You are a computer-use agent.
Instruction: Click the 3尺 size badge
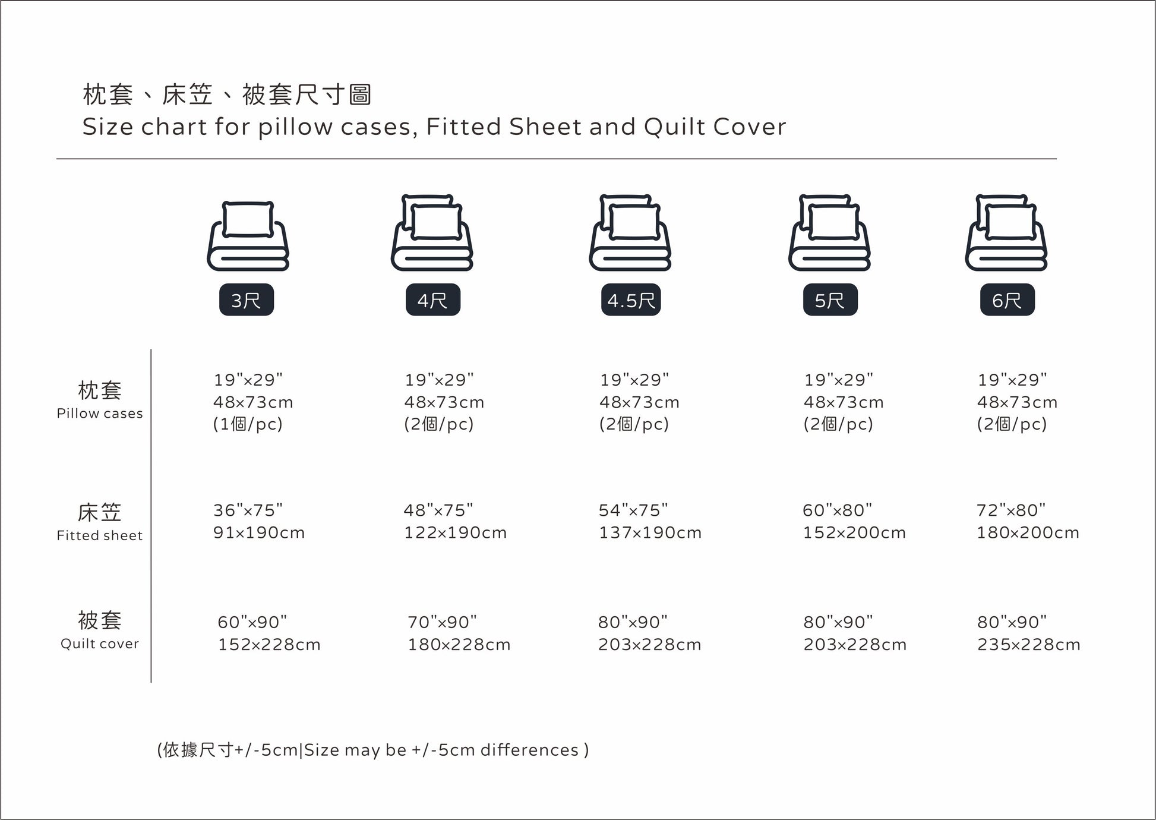pyautogui.click(x=247, y=300)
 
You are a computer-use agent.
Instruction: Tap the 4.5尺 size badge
pyautogui.click(x=631, y=300)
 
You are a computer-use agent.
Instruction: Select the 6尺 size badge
pyautogui.click(x=1007, y=300)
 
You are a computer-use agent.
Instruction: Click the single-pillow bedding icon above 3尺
pyautogui.click(x=248, y=236)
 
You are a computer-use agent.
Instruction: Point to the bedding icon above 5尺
pyautogui.click(x=829, y=232)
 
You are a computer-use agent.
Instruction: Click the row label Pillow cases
pyautogui.click(x=100, y=414)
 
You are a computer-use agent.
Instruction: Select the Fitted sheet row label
pyautogui.click(x=100, y=535)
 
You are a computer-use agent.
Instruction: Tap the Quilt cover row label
pyautogui.click(x=100, y=644)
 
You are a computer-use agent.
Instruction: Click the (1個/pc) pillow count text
pyautogui.click(x=248, y=424)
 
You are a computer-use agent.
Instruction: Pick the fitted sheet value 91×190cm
pyautogui.click(x=259, y=532)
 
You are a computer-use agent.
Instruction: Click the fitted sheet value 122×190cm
pyautogui.click(x=456, y=532)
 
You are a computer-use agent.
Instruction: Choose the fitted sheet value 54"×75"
pyautogui.click(x=633, y=510)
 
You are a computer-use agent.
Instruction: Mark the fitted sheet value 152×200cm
pyautogui.click(x=855, y=532)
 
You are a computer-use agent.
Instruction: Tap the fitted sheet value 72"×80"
pyautogui.click(x=1011, y=510)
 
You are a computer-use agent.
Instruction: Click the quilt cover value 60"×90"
pyautogui.click(x=252, y=622)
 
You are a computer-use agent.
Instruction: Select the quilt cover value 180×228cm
pyautogui.click(x=459, y=645)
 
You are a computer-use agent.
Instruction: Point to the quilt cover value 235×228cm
pyautogui.click(x=1029, y=645)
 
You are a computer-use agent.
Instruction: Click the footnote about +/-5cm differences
pyautogui.click(x=373, y=750)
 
